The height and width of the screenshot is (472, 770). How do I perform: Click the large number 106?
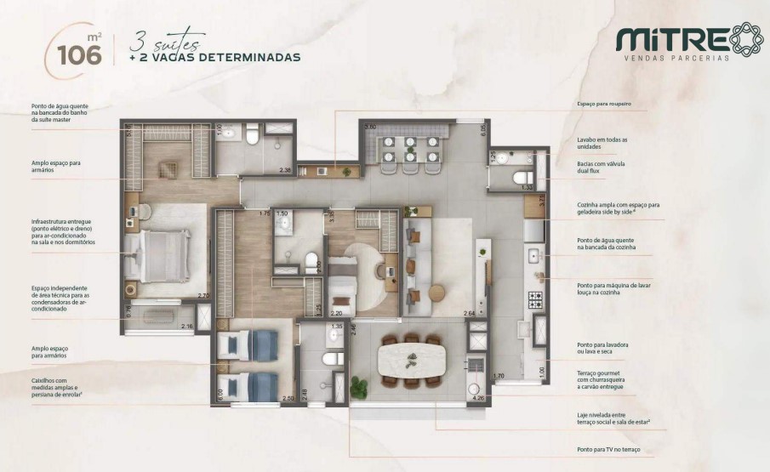79,54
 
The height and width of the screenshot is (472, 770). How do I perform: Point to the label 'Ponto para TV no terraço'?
607,448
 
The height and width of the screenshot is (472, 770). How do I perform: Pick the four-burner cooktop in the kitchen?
537,299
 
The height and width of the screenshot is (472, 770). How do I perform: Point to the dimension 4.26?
478,396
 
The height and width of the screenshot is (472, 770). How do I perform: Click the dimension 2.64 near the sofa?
470,315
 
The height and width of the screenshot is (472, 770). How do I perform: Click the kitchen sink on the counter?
534,254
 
